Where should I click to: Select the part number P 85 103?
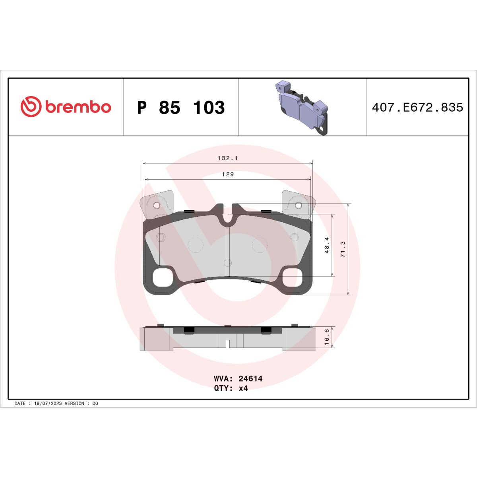[181, 108]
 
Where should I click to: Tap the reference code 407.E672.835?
[417, 107]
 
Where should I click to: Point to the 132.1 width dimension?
[227, 158]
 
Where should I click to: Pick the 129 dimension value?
[228, 174]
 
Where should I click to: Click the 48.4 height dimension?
[327, 245]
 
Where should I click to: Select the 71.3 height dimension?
[343, 249]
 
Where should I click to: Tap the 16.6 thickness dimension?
[327, 337]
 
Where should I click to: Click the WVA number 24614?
[250, 379]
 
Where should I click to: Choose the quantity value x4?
[243, 388]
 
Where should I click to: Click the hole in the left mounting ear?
[156, 205]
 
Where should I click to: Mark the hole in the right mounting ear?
[298, 205]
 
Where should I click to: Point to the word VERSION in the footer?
[74, 403]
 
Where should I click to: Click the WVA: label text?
[224, 379]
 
